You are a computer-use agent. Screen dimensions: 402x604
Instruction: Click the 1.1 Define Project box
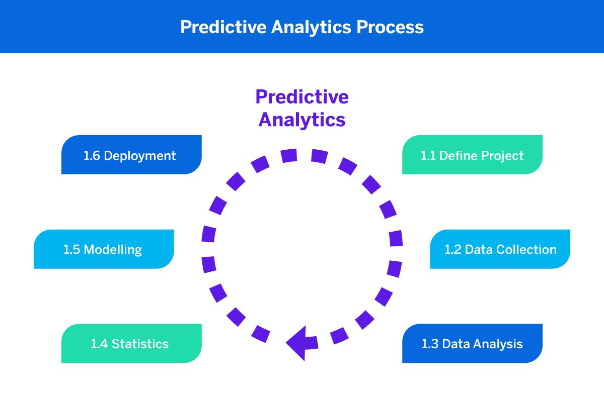tap(472, 155)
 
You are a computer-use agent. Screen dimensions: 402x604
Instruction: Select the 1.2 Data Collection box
tap(500, 249)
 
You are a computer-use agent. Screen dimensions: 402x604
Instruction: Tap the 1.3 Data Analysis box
tap(472, 344)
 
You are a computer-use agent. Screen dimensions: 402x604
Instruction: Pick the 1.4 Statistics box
tap(131, 344)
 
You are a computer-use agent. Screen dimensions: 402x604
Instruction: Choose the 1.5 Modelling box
tap(104, 249)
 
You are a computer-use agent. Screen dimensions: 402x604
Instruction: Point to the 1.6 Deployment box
tap(131, 155)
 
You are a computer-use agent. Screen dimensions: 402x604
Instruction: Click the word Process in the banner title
tap(390, 27)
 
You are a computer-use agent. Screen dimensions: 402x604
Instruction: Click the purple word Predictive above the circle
tap(302, 96)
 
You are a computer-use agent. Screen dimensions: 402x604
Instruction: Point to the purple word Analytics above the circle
tap(302, 120)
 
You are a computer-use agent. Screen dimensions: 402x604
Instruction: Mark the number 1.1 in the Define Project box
tap(428, 156)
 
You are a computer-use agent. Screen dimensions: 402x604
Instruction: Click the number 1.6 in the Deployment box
tap(92, 156)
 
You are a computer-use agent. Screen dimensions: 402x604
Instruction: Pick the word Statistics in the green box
tap(140, 344)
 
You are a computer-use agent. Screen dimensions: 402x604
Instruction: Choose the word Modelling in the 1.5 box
tap(112, 250)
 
